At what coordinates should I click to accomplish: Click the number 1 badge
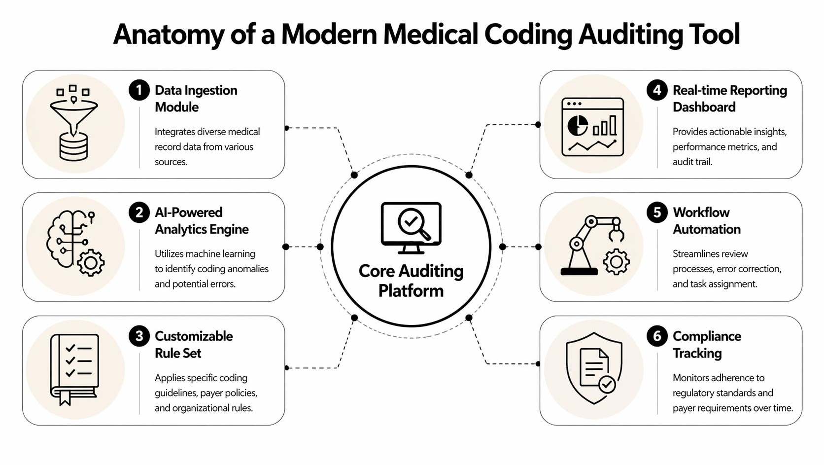139,90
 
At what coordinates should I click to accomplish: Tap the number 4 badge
657,90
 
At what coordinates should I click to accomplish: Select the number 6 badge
657,336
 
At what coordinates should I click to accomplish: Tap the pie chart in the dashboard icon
577,125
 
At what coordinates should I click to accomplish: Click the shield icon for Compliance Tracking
594,368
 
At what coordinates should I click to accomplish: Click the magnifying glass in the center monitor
413,223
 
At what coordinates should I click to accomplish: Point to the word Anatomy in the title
169,35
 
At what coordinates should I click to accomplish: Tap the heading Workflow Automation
706,221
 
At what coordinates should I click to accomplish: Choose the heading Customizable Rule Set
194,345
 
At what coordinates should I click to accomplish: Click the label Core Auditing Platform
411,281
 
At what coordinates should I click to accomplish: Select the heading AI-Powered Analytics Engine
202,221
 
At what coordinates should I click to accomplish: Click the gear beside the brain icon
91,262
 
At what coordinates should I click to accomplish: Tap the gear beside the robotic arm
616,262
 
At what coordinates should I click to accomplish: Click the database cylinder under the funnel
73,146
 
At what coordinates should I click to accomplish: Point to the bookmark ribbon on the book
65,398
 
